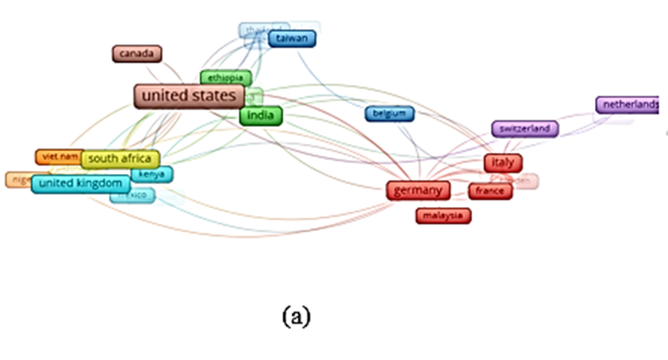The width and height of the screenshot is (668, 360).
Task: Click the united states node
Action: tap(189, 96)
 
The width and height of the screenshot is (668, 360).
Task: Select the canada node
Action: tap(137, 53)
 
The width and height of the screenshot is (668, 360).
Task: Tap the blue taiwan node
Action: tap(292, 39)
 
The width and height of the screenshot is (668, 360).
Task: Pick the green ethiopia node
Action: tap(225, 77)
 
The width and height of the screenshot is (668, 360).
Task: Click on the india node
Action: tap(260, 116)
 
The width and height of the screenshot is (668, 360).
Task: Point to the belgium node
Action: tap(389, 113)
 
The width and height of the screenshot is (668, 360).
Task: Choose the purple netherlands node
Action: tap(628, 105)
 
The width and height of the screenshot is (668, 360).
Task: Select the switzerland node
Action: tap(525, 129)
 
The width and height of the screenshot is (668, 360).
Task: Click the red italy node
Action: tap(502, 163)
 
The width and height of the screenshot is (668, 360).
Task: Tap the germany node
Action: tap(417, 190)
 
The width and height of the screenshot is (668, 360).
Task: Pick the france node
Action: tap(490, 191)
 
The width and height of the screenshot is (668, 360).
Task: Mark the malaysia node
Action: tap(443, 215)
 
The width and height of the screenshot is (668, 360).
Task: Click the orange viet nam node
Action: tap(58, 156)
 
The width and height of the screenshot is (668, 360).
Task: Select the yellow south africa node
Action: tap(120, 159)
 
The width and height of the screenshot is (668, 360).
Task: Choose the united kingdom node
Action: tap(81, 184)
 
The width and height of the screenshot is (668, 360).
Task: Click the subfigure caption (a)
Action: tap(295, 316)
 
